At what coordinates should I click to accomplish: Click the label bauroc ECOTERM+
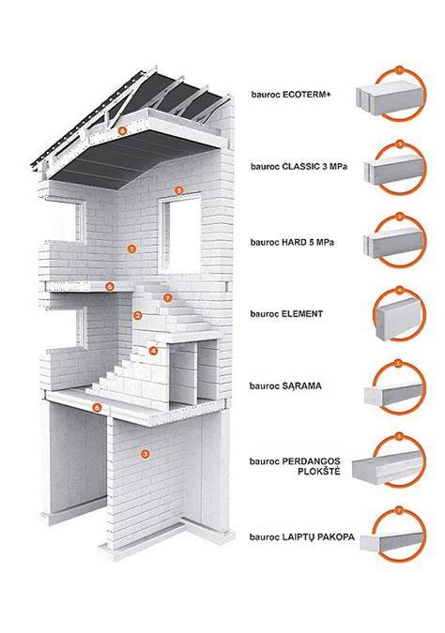pos(291,95)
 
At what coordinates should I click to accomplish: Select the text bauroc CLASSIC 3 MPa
pos(299,166)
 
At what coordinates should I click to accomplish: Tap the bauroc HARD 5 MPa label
pos(292,243)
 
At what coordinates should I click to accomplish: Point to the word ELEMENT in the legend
pos(302,313)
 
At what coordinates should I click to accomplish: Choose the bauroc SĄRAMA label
pos(285,386)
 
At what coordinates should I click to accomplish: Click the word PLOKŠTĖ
pos(319,471)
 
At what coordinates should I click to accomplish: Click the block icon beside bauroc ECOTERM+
pos(390,97)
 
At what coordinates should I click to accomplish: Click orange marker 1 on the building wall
pos(130,249)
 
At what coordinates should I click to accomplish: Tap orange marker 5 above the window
pos(178,189)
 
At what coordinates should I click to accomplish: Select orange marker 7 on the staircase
pos(168,298)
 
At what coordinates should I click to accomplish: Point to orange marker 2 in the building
pos(137,316)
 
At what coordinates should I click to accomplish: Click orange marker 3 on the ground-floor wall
pos(146,454)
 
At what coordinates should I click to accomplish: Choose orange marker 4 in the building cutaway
pos(153,351)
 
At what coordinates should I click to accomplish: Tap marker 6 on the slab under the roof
pos(123,130)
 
